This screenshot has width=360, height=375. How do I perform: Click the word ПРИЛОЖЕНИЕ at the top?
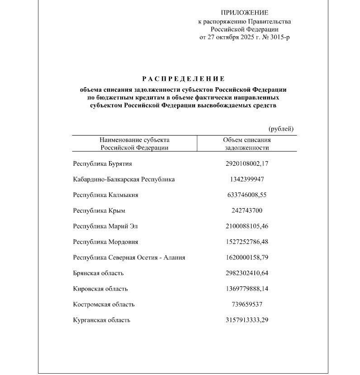pyautogui.click(x=244, y=13)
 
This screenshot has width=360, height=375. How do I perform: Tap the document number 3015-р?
pyautogui.click(x=278, y=37)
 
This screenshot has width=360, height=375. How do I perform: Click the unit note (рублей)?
pyautogui.click(x=281, y=129)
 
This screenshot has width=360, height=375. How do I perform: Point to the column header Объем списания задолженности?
pyautogui.click(x=247, y=144)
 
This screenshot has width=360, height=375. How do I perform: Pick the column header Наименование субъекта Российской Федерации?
pyautogui.click(x=134, y=144)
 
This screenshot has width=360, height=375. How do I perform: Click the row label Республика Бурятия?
pyautogui.click(x=102, y=164)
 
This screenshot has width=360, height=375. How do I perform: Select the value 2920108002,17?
pyautogui.click(x=247, y=164)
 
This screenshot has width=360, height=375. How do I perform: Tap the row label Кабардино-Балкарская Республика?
pyautogui.click(x=123, y=179)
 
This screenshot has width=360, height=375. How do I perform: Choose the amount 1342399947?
pyautogui.click(x=247, y=179)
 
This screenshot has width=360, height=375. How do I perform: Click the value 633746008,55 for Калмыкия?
pyautogui.click(x=247, y=195)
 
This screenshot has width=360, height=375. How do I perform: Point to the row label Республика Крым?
pyautogui.click(x=99, y=211)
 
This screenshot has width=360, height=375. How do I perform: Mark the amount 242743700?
pyautogui.click(x=247, y=211)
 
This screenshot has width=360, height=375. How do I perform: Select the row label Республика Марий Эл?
pyautogui.click(x=105, y=226)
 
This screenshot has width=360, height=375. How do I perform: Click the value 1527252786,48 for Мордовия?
pyautogui.click(x=247, y=242)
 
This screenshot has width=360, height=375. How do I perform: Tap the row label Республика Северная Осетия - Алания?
pyautogui.click(x=129, y=258)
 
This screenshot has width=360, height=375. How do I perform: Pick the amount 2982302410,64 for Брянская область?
pyautogui.click(x=247, y=273)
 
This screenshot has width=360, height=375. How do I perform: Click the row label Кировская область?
pyautogui.click(x=100, y=289)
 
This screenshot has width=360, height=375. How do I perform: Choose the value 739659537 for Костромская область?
pyautogui.click(x=247, y=305)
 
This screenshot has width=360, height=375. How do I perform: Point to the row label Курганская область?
pyautogui.click(x=101, y=320)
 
